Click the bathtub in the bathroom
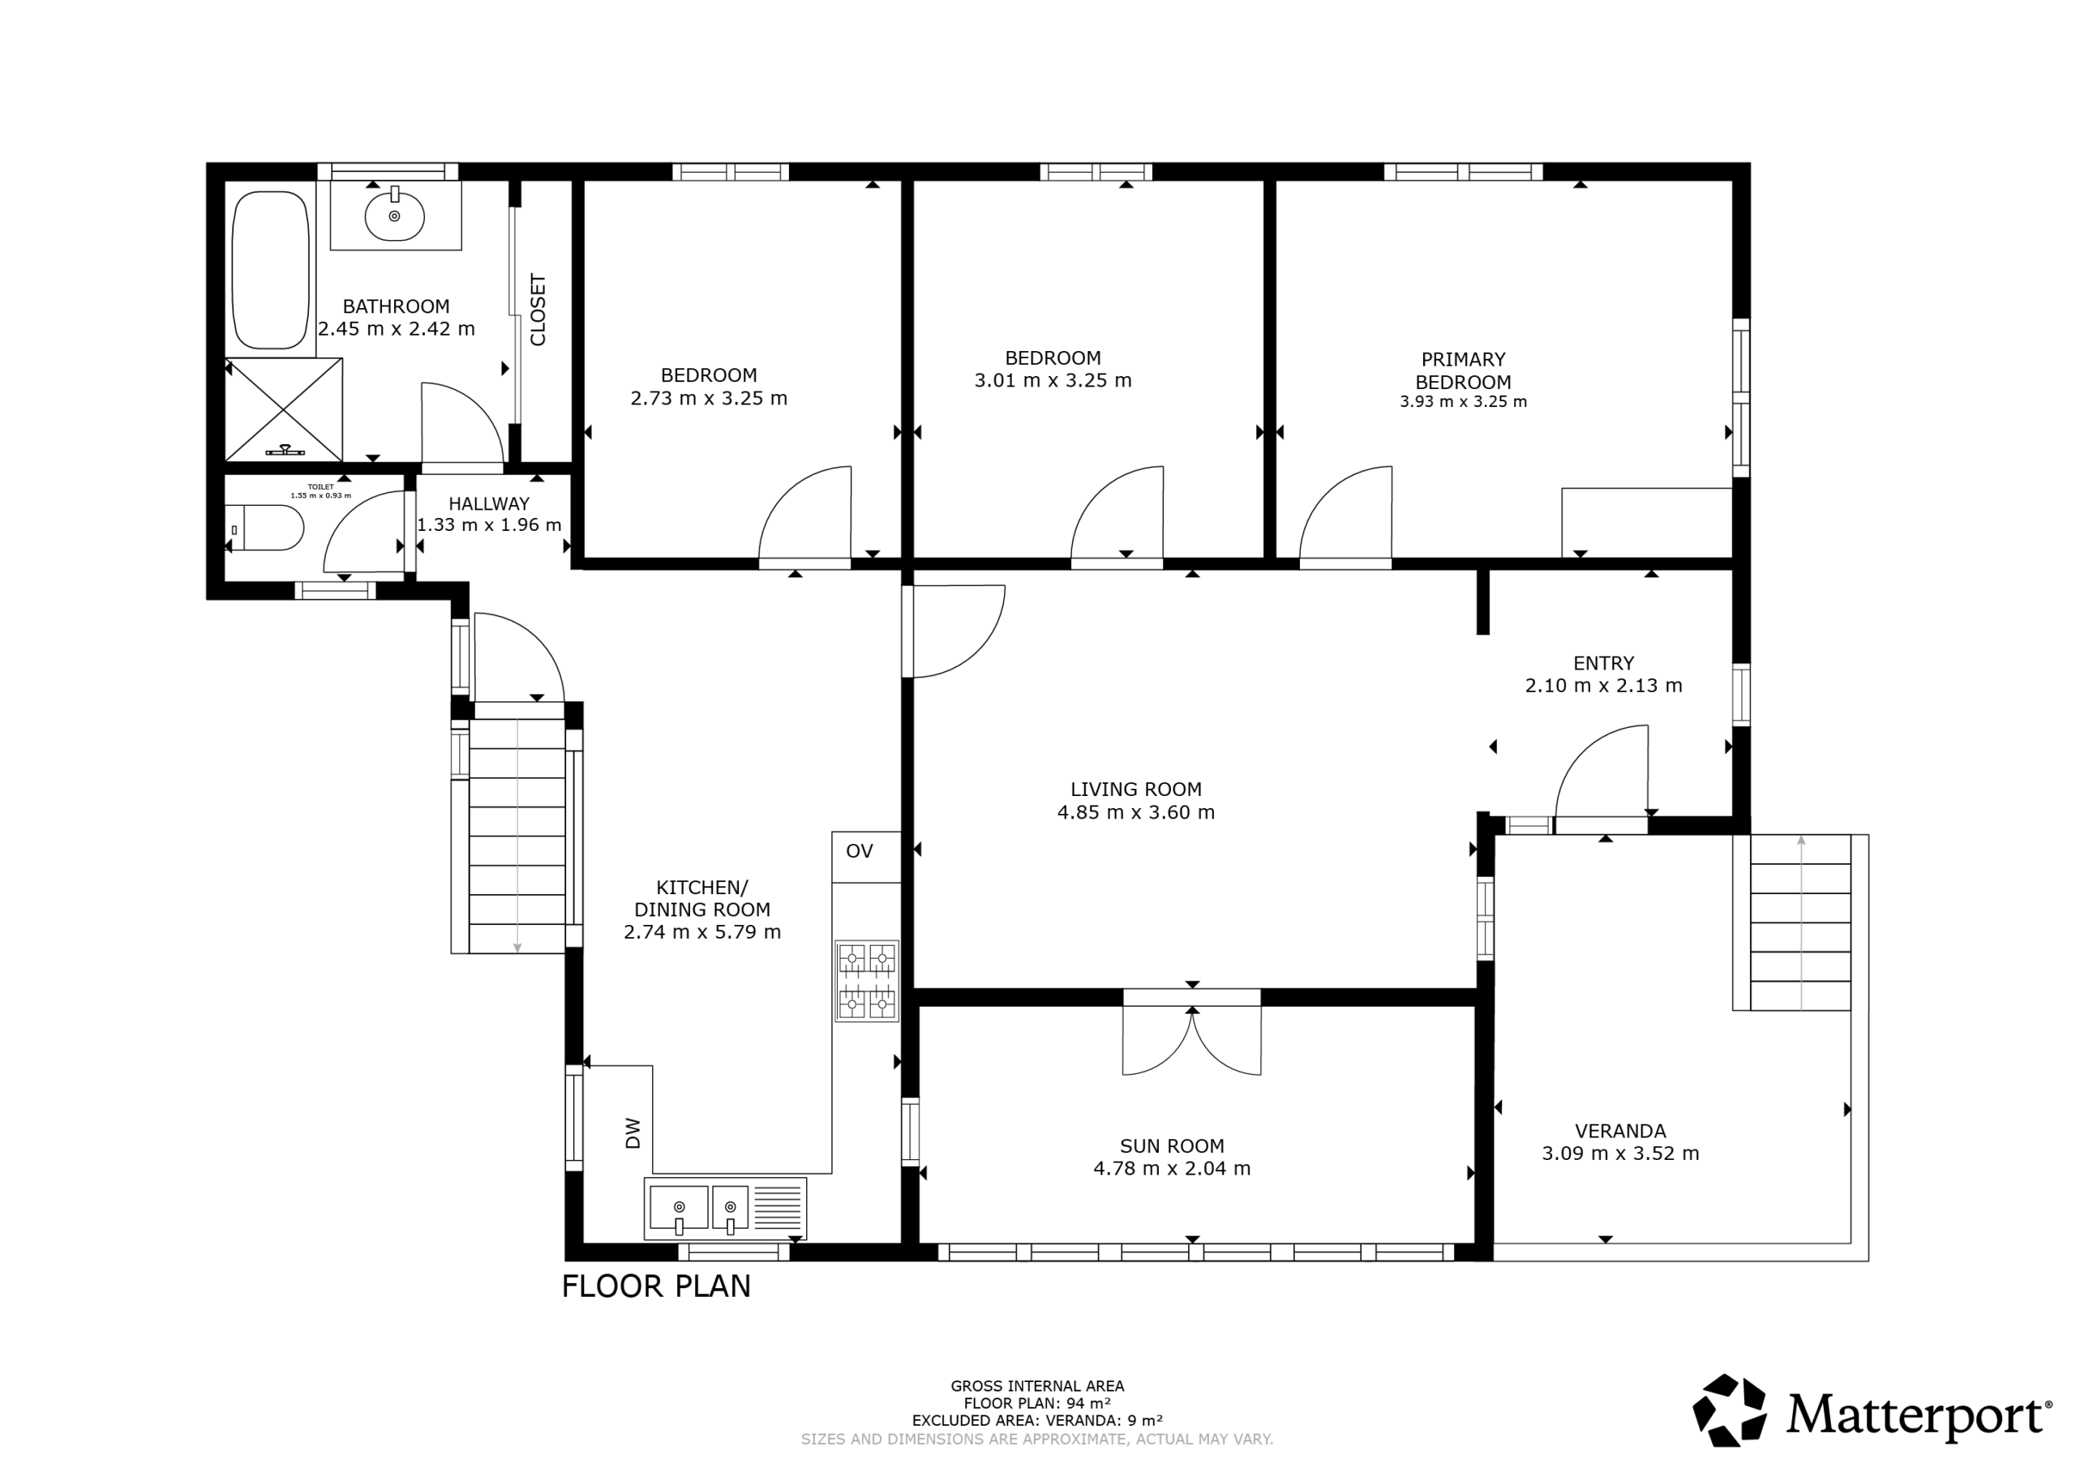click(270, 269)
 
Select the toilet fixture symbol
click(265, 528)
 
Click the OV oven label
click(860, 850)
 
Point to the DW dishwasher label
click(633, 1133)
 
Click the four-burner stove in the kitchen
click(866, 981)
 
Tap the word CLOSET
click(538, 310)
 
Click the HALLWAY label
click(489, 503)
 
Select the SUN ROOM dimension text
click(1172, 1169)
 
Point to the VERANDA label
click(1620, 1131)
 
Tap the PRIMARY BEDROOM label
click(1463, 370)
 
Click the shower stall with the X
click(284, 409)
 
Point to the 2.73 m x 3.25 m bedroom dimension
click(709, 399)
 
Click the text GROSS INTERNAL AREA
click(1037, 1386)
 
